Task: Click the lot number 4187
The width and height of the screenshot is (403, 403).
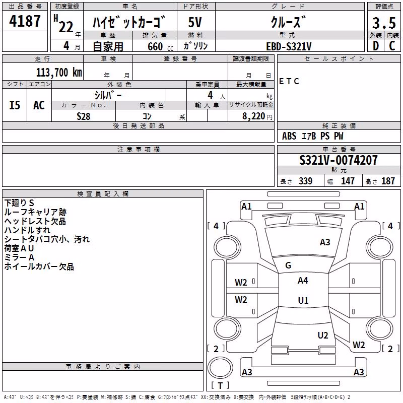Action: tap(25, 21)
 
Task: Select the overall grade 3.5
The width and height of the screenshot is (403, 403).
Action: tap(384, 23)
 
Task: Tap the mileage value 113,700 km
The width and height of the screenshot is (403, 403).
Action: tap(59, 72)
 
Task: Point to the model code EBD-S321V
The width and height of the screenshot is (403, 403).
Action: tap(289, 46)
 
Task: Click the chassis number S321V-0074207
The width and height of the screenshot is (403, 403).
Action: tap(339, 160)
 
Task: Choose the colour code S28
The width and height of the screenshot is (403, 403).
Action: tap(84, 116)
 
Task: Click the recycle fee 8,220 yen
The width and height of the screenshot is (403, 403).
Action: tap(257, 116)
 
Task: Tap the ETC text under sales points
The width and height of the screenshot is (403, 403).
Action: tap(289, 81)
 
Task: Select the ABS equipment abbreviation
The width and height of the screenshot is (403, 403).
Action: tap(289, 136)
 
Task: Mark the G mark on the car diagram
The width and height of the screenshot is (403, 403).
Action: tap(288, 265)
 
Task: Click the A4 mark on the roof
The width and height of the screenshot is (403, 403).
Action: tap(303, 281)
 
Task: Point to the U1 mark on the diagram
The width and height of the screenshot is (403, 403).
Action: tap(303, 300)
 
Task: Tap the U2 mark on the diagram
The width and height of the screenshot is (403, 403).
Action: tap(323, 335)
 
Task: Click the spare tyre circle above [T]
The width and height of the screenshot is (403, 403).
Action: tap(220, 368)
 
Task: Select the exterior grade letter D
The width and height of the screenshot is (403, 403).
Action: tap(376, 46)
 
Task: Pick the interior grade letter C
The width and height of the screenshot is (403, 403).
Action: tap(392, 46)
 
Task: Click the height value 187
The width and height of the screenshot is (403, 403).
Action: tap(388, 181)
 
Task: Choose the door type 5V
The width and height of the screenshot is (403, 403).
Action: tap(195, 22)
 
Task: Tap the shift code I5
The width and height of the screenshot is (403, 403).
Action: tap(15, 105)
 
